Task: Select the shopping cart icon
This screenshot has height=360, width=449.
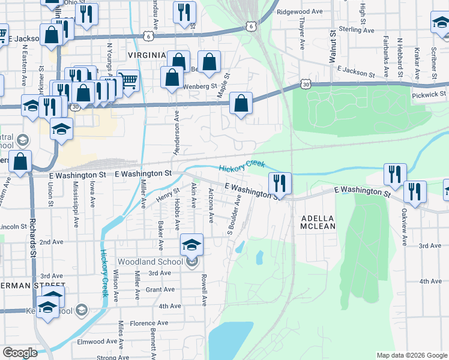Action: tap(128, 80)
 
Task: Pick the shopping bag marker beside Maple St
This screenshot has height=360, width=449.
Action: tap(241, 103)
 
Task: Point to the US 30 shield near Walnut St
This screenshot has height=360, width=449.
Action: tap(307, 85)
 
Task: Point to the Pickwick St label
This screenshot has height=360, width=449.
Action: tap(429, 94)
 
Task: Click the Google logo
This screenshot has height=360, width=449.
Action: tap(20, 353)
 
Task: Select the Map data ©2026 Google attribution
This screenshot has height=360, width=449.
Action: tap(411, 355)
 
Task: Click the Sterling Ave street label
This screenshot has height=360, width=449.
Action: tap(355, 29)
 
